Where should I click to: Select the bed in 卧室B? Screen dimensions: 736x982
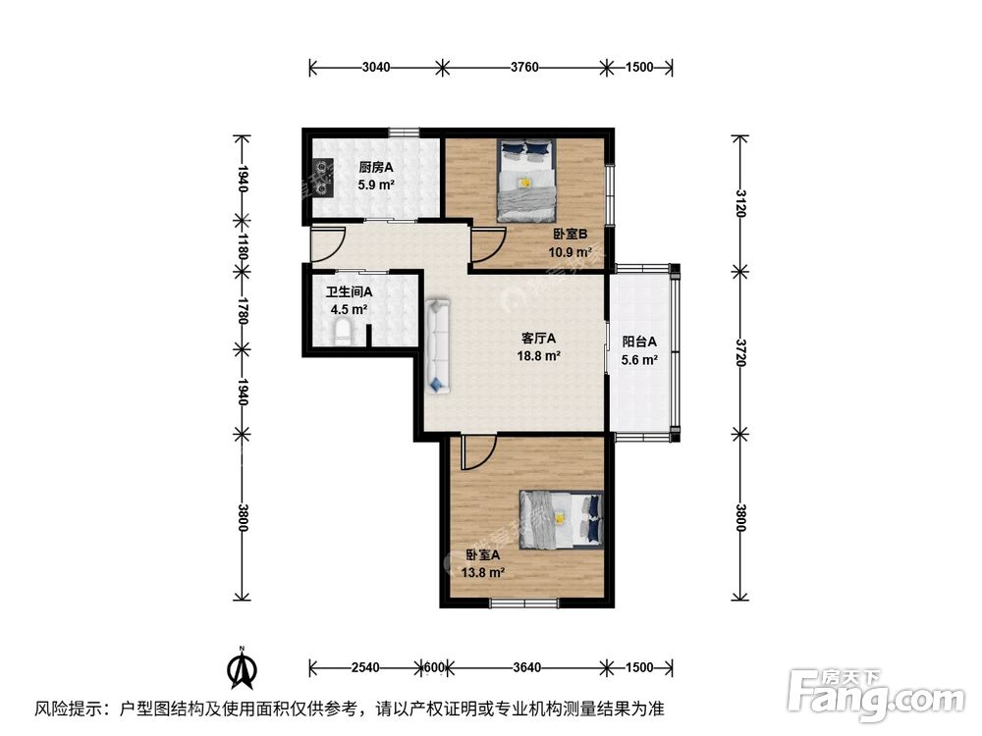525,181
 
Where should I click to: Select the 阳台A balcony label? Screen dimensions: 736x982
639,342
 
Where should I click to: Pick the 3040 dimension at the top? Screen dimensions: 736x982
376,68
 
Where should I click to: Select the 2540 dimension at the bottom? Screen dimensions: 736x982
364,668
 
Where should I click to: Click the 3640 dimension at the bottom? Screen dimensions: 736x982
526,668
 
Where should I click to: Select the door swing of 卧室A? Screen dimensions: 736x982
477,450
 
